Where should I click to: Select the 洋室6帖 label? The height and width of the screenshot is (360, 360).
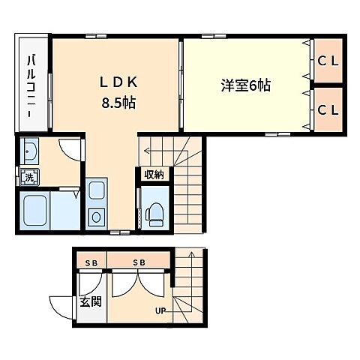pos(246,86)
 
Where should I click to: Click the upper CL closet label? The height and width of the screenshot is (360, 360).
pos(328,61)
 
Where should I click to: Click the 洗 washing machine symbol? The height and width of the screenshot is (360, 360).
pos(28,178)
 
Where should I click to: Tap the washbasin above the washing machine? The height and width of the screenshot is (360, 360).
pos(30,154)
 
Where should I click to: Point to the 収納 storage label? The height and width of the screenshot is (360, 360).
pos(154,174)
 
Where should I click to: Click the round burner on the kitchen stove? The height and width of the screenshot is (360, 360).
pos(97,218)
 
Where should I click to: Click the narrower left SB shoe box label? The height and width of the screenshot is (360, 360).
pos(91,262)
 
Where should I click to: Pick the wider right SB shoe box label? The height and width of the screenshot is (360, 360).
pos(139,262)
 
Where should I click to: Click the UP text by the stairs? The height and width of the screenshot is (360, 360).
pos(160,311)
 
